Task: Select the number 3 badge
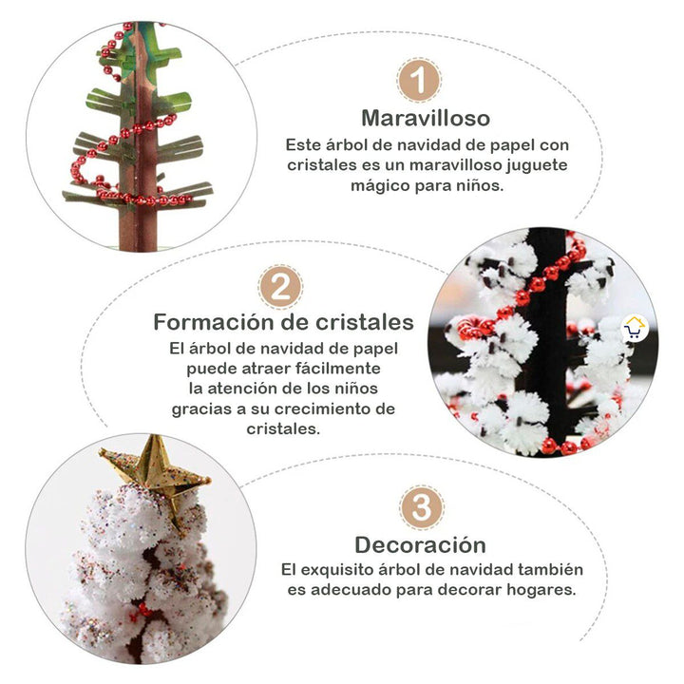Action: coord(421,507)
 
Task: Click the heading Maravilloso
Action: coord(426,119)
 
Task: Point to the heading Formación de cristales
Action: coord(283,322)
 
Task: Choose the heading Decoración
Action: coord(420,545)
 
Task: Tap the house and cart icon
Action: coord(634,329)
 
